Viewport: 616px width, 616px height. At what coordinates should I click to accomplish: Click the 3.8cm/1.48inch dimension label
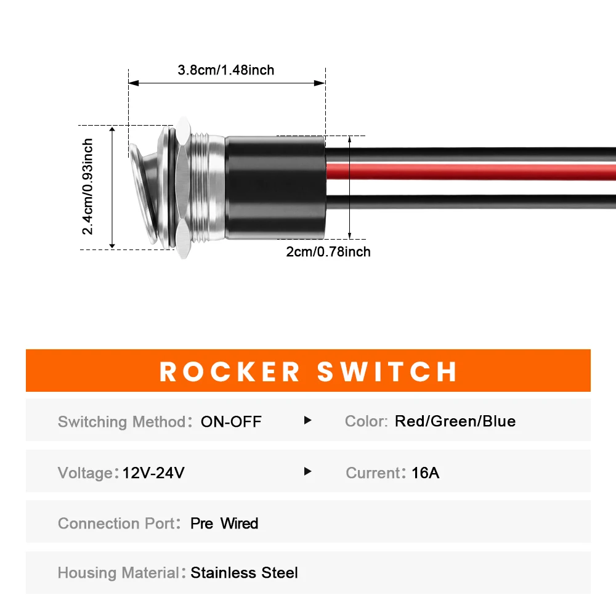point(226,70)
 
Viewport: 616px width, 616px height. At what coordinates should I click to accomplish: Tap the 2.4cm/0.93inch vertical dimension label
point(87,187)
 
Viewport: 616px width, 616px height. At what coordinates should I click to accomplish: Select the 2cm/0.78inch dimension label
point(328,251)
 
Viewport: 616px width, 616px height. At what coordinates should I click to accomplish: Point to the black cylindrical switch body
point(275,187)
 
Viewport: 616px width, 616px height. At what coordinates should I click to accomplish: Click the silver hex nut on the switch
point(183,187)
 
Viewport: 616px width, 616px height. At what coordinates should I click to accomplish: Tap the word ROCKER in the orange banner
point(230,371)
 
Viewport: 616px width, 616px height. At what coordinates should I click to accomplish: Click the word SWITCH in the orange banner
point(387,371)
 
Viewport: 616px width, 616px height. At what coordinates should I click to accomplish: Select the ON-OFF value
point(231,421)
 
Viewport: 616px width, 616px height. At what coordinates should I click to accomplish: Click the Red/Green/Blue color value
point(455,421)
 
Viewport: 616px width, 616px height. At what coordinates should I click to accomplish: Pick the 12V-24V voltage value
point(153,472)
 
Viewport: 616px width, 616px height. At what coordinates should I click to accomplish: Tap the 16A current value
point(425,472)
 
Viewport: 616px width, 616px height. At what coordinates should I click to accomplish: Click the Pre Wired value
point(224,523)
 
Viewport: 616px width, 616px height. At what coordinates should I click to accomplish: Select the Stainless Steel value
point(244,573)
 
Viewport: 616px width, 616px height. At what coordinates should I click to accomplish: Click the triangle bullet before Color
point(307,420)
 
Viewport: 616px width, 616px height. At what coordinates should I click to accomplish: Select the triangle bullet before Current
point(307,471)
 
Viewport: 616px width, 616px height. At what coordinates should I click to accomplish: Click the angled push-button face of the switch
point(144,192)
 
